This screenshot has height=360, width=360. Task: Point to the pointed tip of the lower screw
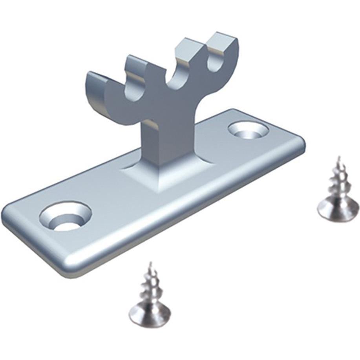click(x=150, y=264)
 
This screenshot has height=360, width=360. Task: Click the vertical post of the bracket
click(x=161, y=141)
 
